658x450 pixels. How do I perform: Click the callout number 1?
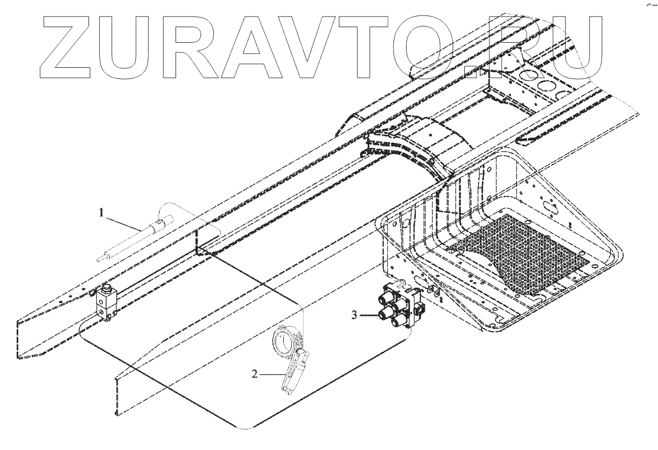102,213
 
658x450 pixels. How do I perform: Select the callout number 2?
255,374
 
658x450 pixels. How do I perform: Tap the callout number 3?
354,315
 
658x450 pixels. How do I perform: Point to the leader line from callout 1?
123,222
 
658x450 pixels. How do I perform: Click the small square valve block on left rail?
106,305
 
